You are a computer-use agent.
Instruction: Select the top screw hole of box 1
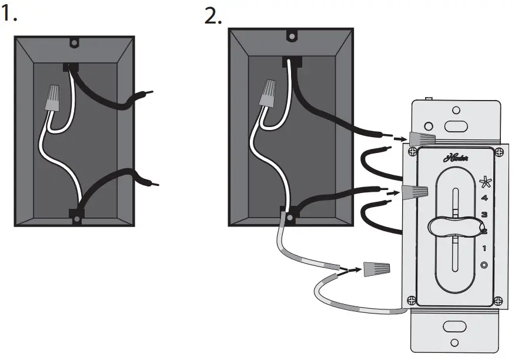click(x=75, y=43)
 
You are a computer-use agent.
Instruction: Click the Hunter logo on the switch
click(x=454, y=157)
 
